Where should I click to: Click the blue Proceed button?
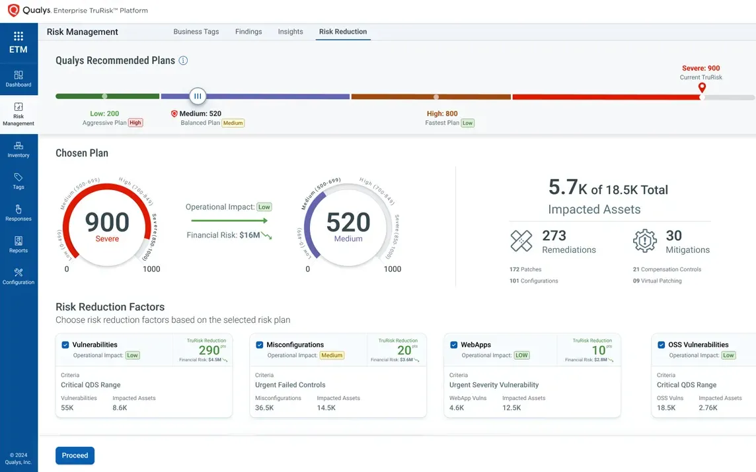[75, 455]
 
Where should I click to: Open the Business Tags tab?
[196, 32]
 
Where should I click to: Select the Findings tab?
[248, 32]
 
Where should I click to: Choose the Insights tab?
[290, 32]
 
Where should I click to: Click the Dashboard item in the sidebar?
[19, 79]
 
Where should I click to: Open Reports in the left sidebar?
[19, 244]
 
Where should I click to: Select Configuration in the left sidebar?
[19, 275]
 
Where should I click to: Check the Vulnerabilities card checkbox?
[65, 345]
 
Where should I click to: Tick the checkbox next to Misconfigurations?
[260, 345]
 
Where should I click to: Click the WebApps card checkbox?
[454, 345]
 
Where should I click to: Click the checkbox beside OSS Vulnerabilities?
[661, 345]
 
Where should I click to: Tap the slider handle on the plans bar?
[197, 96]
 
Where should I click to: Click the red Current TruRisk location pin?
[702, 88]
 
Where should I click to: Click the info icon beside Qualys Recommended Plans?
[184, 61]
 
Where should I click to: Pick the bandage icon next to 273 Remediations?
[521, 241]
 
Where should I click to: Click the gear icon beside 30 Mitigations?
[644, 241]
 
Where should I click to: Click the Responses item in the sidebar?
[19, 212]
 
